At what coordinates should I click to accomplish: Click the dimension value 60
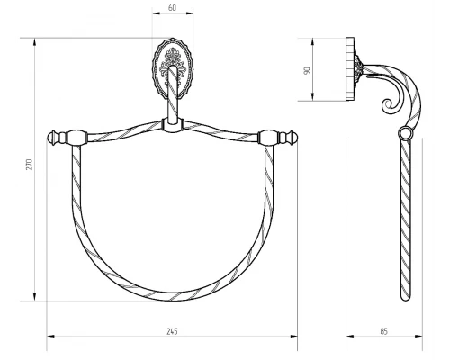[172, 8]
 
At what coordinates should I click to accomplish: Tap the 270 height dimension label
[29, 165]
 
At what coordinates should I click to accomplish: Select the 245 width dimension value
[172, 331]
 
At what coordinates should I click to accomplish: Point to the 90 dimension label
[307, 71]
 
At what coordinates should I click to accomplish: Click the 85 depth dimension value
[384, 331]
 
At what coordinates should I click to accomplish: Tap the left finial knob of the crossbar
[53, 138]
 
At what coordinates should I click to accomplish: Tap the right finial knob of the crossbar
[292, 138]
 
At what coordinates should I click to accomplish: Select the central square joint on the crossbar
[173, 125]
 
